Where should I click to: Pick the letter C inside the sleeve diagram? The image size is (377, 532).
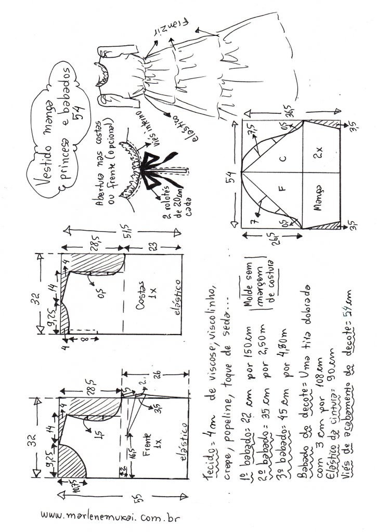[283, 157]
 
